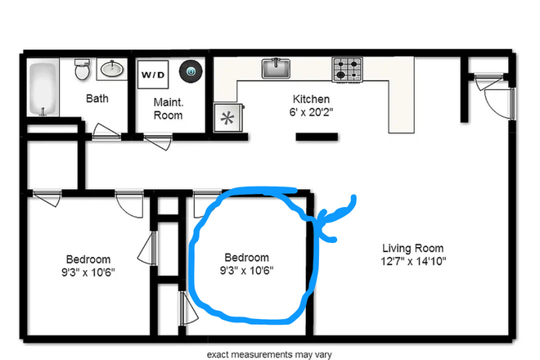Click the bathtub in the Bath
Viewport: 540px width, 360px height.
(43, 89)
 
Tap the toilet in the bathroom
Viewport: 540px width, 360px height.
(82, 70)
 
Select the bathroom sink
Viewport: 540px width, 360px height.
(112, 70)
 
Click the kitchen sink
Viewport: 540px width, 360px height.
(277, 68)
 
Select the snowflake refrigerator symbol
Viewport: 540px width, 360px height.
(225, 118)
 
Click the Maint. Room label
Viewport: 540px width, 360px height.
(169, 109)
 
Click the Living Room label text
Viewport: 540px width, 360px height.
(413, 248)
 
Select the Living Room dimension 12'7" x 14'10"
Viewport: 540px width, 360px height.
(413, 261)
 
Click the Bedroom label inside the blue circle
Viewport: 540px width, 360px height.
(245, 257)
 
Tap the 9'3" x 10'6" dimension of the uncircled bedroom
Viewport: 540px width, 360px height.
(88, 272)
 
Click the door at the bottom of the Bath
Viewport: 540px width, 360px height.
(105, 131)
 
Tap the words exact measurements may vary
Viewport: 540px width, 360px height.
(269, 354)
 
